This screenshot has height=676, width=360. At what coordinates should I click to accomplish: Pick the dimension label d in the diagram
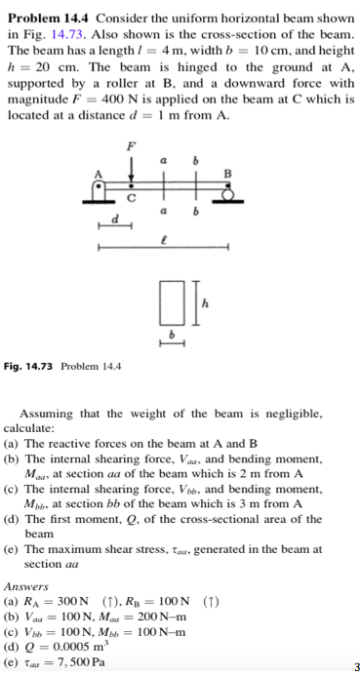[x=114, y=220]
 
